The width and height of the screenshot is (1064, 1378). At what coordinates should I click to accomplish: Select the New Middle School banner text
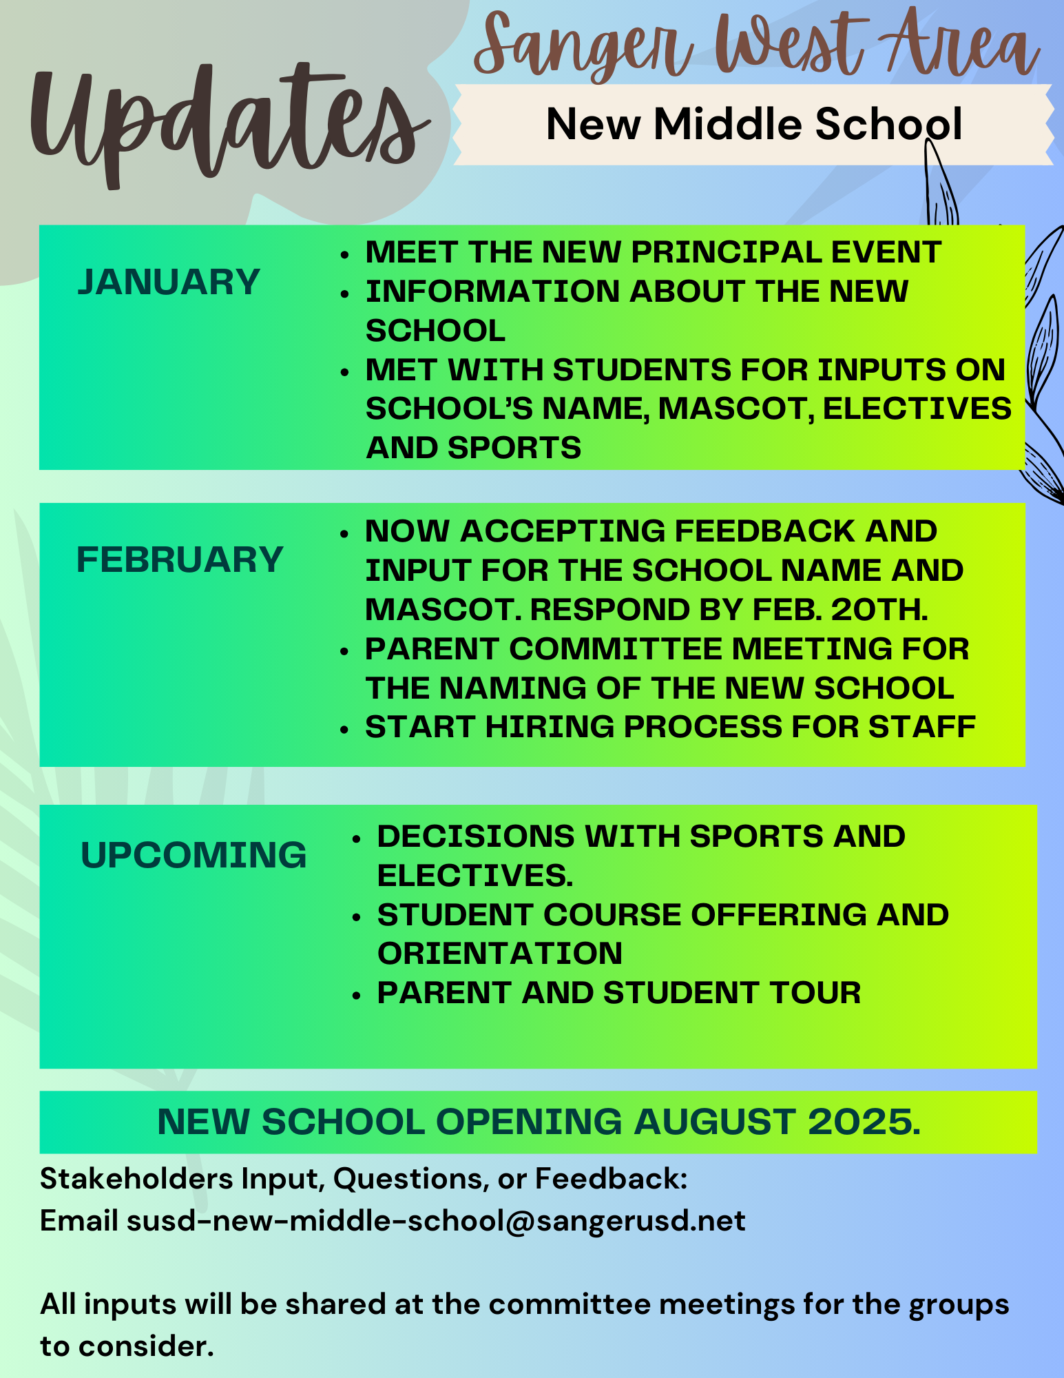[753, 125]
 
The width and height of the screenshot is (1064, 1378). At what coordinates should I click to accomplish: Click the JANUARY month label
[169, 282]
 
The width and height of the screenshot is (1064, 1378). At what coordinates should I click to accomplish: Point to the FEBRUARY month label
[180, 559]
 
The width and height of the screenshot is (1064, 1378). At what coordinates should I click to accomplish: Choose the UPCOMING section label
[194, 855]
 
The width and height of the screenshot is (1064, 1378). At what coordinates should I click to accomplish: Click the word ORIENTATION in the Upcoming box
[500, 954]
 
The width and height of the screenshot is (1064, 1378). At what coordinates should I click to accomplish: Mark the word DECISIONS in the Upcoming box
[475, 836]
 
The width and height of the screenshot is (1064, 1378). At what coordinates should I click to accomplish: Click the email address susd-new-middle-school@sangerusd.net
[436, 1220]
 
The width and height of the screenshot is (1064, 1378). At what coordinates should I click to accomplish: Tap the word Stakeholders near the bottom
[136, 1179]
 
